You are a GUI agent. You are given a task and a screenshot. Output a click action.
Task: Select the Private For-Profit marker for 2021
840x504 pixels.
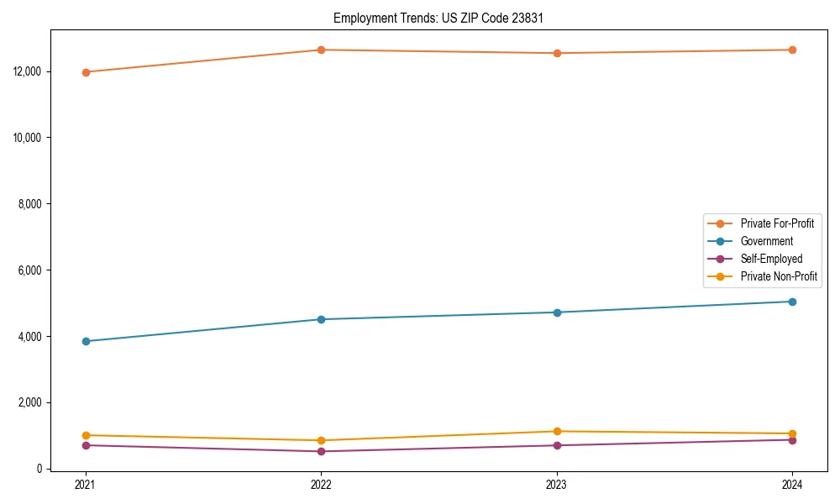[85, 72]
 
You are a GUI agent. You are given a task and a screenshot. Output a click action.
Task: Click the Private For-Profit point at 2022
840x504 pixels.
[321, 50]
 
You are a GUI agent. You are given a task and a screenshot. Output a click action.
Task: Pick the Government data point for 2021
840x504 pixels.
[85, 341]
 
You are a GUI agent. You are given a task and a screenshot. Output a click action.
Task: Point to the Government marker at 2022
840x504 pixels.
[321, 319]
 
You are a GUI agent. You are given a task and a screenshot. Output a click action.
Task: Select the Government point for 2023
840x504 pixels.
[557, 312]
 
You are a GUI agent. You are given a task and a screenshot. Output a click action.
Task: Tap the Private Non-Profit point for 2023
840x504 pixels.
[557, 432]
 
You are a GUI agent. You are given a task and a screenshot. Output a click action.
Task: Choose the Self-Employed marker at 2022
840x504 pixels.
[321, 451]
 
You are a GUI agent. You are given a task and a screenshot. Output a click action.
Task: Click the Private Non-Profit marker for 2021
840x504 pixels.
[85, 435]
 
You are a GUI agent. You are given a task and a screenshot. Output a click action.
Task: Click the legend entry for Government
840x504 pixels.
[766, 241]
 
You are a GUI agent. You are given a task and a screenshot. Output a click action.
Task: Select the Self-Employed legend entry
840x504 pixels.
[771, 259]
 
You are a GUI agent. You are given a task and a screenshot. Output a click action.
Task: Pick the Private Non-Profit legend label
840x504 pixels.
[779, 276]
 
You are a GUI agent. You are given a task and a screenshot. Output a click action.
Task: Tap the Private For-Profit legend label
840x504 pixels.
[777, 223]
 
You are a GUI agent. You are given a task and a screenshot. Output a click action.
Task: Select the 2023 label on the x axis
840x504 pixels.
[557, 485]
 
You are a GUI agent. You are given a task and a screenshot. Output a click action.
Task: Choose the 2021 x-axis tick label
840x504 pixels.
[85, 485]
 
